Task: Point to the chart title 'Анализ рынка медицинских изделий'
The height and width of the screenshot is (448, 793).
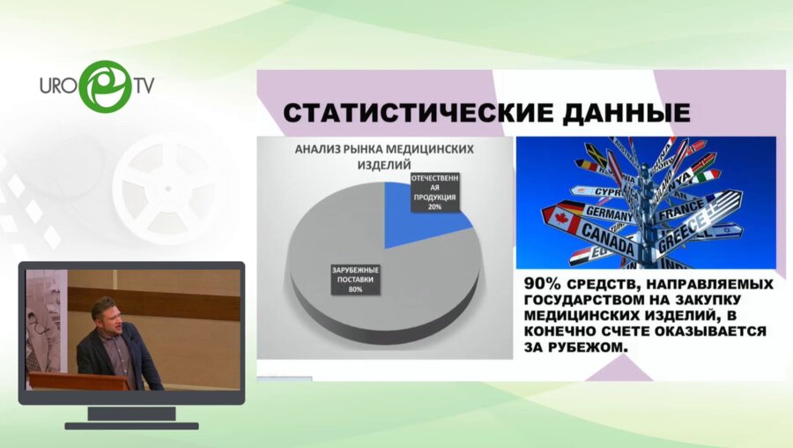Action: (x=383, y=156)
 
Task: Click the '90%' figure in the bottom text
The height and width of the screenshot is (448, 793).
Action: (x=543, y=284)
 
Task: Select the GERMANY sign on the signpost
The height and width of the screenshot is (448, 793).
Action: (x=608, y=213)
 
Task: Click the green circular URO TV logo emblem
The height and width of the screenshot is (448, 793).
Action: (x=104, y=86)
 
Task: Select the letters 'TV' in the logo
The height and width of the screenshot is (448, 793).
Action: (x=145, y=86)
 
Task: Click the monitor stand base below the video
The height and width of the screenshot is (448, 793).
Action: (x=131, y=425)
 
